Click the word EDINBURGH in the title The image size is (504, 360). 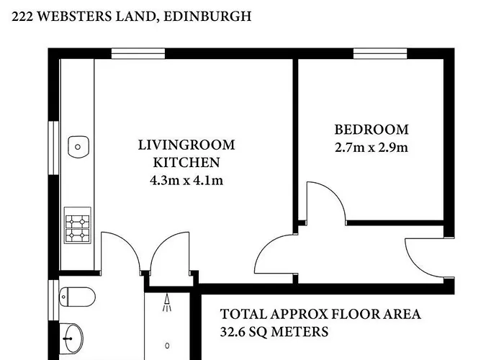[x=207, y=16]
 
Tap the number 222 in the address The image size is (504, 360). [x=22, y=16]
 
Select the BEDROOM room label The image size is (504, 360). [x=372, y=130]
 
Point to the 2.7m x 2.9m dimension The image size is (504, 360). [x=372, y=148]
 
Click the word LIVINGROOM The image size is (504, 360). [x=186, y=145]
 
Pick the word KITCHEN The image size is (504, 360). [x=186, y=163]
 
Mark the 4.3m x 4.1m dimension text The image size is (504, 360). [x=186, y=181]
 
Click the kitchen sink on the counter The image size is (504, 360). [x=78, y=147]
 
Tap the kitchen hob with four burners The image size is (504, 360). [x=78, y=225]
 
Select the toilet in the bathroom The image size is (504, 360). [x=77, y=297]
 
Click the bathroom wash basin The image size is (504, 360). [x=71, y=338]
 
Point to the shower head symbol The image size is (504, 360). [x=167, y=303]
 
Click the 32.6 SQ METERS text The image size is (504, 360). [x=274, y=331]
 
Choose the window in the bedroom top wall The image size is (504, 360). [x=380, y=54]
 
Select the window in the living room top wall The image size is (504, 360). [x=138, y=54]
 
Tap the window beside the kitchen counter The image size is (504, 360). [x=54, y=148]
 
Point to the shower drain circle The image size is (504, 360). [x=167, y=346]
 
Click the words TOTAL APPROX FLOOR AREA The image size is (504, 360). [x=320, y=314]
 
